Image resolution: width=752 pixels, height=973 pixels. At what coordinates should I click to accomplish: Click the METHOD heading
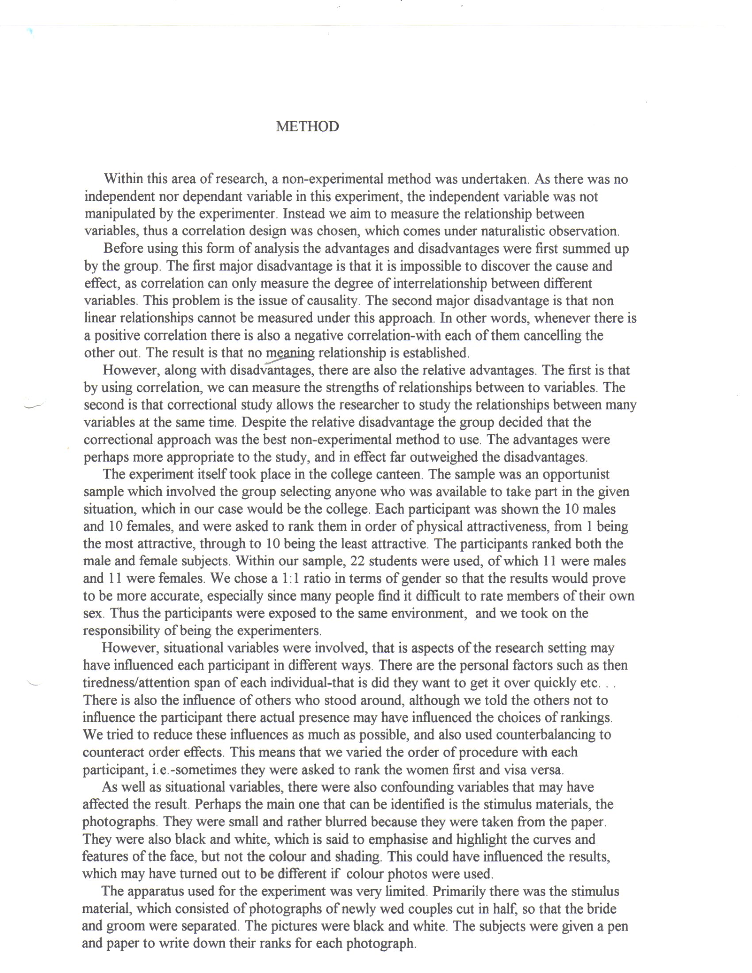click(307, 126)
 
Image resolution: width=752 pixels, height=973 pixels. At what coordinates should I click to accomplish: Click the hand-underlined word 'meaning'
click(290, 353)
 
